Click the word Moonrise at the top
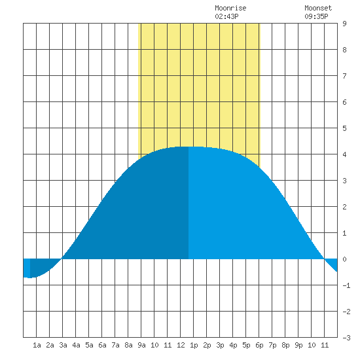230,8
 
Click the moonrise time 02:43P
226,16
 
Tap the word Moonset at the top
318,8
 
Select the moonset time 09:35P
316,16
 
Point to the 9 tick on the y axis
344,24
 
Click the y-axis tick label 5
344,128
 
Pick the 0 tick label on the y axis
344,259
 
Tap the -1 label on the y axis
346,285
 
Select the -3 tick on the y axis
346,338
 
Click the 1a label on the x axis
37,345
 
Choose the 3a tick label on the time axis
63,345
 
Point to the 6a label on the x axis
102,345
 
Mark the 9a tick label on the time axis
141,345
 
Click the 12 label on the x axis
181,345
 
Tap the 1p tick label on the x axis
194,345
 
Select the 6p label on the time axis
259,345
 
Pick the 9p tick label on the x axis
298,345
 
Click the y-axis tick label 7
344,76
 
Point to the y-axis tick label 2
344,207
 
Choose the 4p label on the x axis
233,345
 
